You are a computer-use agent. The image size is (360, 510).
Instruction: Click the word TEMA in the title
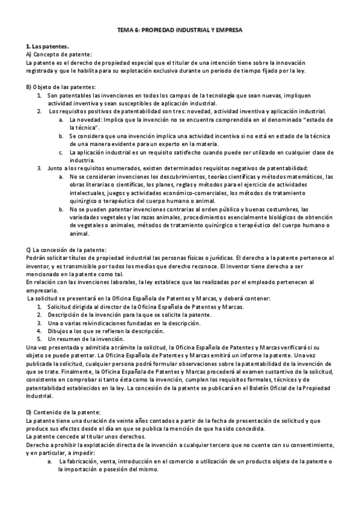pyautogui.click(x=124, y=37)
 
